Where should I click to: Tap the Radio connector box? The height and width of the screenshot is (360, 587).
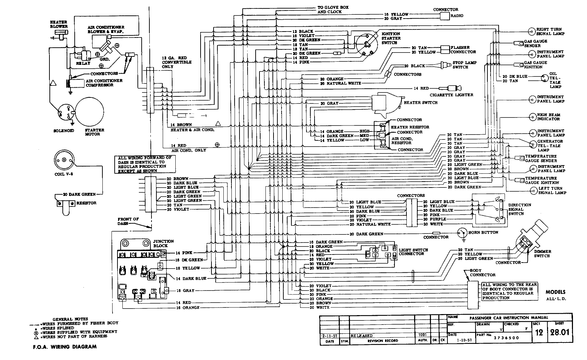445,16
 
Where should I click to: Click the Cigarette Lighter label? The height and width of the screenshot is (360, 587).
451,95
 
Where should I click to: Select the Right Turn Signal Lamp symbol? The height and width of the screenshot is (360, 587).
532,32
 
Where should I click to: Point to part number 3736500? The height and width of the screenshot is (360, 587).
507,338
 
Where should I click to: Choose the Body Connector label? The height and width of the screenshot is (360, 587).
483,273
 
